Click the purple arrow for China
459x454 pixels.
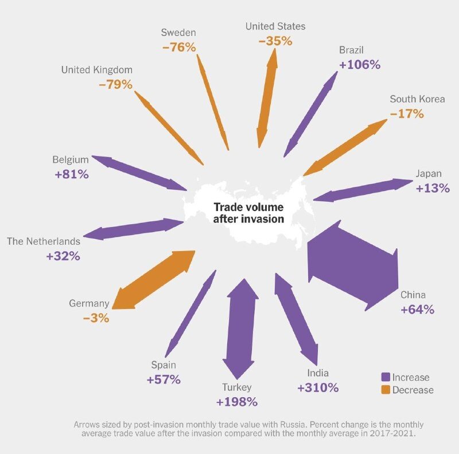[x=353, y=266]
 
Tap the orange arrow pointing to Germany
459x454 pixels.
[x=154, y=280]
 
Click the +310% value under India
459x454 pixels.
[x=318, y=388]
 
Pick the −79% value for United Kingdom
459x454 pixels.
[x=115, y=84]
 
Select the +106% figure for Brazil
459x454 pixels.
[x=360, y=65]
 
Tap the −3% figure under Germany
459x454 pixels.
[x=96, y=318]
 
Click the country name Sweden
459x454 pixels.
[x=178, y=33]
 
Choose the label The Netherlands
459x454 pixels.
[x=44, y=241]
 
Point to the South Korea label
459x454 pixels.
[x=417, y=99]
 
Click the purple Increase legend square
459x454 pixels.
[x=386, y=377]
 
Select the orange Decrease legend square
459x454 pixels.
[x=386, y=390]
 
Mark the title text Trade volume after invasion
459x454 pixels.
[x=248, y=213]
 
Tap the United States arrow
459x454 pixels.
[x=267, y=97]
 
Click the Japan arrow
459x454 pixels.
[x=363, y=190]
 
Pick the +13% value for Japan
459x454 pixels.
[x=433, y=188]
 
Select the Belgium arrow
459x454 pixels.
[x=139, y=173]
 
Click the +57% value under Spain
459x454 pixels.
[x=164, y=379]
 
